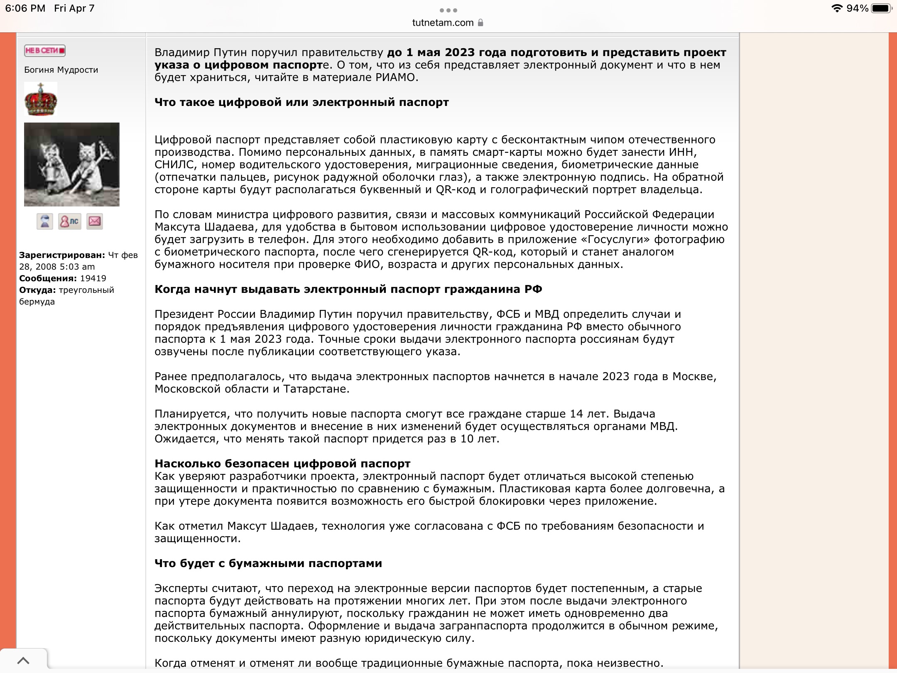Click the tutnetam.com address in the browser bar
pos(442,23)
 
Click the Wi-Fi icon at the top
pos(837,9)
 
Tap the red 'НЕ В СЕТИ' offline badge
pos(45,51)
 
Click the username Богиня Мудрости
pos(61,70)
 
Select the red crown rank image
pos(41,99)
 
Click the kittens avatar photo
pos(72,165)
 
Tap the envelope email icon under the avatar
pos(95,221)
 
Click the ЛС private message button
pos(70,221)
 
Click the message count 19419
pos(93,278)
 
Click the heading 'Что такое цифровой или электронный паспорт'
pos(301,102)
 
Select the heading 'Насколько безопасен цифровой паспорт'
pos(282,464)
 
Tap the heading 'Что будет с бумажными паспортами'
pos(268,563)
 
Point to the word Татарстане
pos(316,389)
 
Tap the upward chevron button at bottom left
pos(23,661)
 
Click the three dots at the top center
pos(448,10)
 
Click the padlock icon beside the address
pos(480,23)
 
